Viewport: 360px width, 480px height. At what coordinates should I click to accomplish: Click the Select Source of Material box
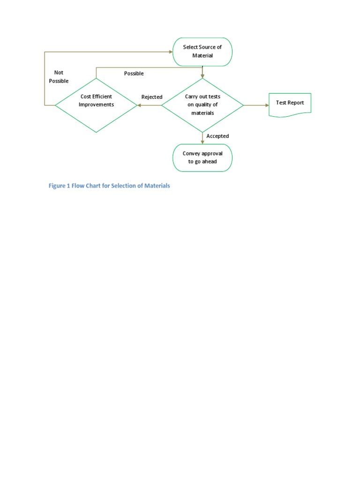click(x=202, y=52)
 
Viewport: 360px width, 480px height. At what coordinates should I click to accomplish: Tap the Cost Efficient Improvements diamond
click(x=96, y=105)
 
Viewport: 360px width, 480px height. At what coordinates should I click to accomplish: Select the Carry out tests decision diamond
click(x=202, y=105)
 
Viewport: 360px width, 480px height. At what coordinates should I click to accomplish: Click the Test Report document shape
click(x=290, y=104)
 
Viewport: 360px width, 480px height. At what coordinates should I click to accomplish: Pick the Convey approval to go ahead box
click(x=202, y=157)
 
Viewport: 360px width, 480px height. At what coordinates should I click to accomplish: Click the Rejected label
click(x=152, y=97)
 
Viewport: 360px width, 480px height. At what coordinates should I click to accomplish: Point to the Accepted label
click(x=217, y=136)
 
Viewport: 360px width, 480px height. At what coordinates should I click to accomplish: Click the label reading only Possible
click(x=134, y=74)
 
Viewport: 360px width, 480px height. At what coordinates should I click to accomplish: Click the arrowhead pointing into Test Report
click(x=266, y=105)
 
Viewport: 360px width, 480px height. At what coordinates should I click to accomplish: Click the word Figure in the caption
click(x=58, y=186)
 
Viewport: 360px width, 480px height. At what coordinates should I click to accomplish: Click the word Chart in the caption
click(x=90, y=186)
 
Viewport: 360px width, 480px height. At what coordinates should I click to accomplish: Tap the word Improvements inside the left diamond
click(x=96, y=105)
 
